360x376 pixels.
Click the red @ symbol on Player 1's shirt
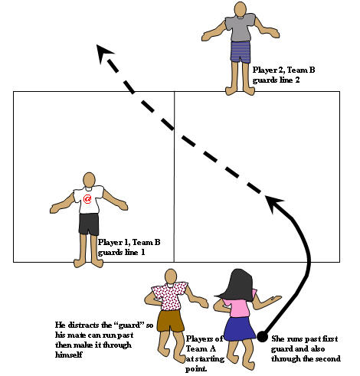coord(88,200)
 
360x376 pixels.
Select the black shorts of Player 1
coord(89,224)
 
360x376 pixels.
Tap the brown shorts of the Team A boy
coord(170,319)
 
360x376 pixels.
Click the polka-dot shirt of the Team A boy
coord(170,294)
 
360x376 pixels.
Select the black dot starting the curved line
coord(262,337)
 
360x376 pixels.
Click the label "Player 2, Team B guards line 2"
coord(283,75)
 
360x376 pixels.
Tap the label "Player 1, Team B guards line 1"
coord(129,247)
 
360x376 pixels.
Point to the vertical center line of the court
coord(175,176)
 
